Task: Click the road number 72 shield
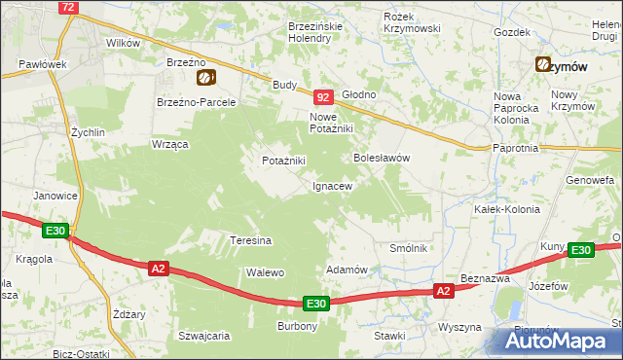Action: (x=67, y=7)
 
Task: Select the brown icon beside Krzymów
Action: (x=542, y=65)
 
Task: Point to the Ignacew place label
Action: (x=331, y=185)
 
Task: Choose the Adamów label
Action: (x=346, y=270)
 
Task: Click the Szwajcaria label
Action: (x=203, y=336)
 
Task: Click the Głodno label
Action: (x=358, y=94)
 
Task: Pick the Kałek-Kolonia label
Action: (x=499, y=209)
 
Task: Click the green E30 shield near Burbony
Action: (x=315, y=304)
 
